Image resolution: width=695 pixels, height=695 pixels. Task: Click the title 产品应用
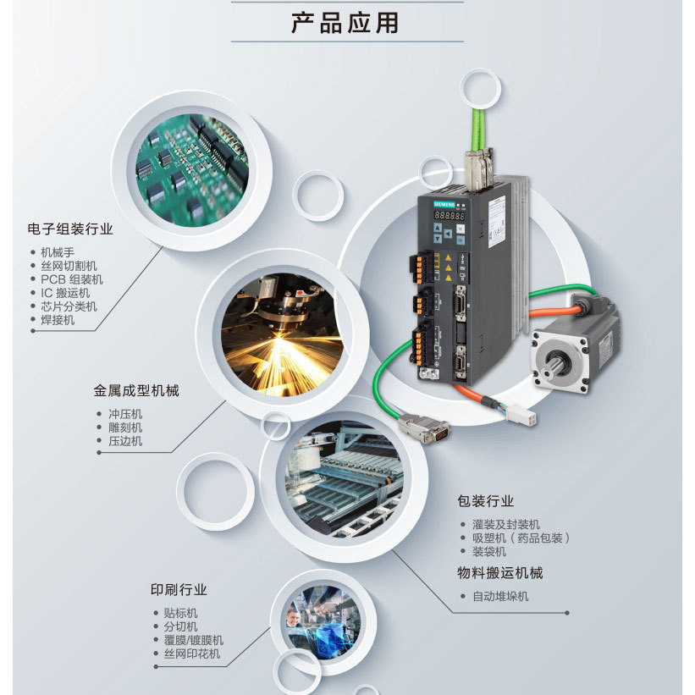click(345, 23)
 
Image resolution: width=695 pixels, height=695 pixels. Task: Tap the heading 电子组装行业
click(70, 229)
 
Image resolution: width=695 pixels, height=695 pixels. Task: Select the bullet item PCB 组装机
click(72, 279)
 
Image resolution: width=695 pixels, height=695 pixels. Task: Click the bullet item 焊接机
click(58, 320)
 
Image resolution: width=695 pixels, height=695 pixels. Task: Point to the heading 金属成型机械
click(136, 390)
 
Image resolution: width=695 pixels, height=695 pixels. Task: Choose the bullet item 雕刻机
click(125, 427)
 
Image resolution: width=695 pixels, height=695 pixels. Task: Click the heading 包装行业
click(486, 501)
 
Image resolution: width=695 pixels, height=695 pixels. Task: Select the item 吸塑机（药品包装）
click(521, 538)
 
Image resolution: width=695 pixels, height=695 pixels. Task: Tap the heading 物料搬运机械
click(500, 572)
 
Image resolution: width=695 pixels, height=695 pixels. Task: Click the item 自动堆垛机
click(500, 596)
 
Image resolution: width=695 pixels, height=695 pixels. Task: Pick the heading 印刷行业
click(179, 589)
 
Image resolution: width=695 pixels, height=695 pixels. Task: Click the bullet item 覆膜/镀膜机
click(194, 640)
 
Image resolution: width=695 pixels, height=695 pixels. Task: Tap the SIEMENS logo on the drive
click(444, 204)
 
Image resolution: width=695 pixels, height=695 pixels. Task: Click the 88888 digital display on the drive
click(450, 216)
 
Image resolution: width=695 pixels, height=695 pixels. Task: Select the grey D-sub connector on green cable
click(424, 427)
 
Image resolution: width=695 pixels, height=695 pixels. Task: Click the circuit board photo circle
click(191, 171)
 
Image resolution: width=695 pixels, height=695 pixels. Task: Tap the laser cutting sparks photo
click(283, 335)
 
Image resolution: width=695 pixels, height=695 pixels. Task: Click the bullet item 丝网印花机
click(192, 654)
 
